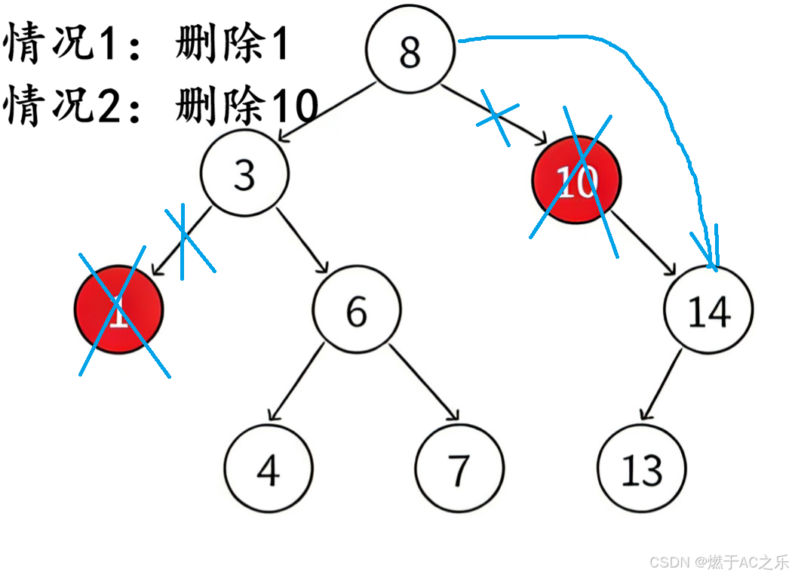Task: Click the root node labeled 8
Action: click(x=410, y=50)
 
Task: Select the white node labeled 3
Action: click(x=244, y=174)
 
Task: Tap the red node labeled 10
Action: click(x=577, y=180)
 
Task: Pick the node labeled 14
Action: click(x=708, y=309)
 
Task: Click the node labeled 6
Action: click(x=357, y=309)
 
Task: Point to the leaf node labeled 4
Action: click(x=268, y=468)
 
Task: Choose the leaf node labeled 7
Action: click(x=459, y=468)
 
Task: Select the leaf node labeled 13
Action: click(x=642, y=468)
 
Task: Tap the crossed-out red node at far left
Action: click(x=118, y=309)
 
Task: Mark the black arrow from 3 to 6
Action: click(x=302, y=240)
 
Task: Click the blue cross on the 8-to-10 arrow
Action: click(x=496, y=117)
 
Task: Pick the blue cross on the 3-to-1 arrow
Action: click(x=185, y=240)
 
